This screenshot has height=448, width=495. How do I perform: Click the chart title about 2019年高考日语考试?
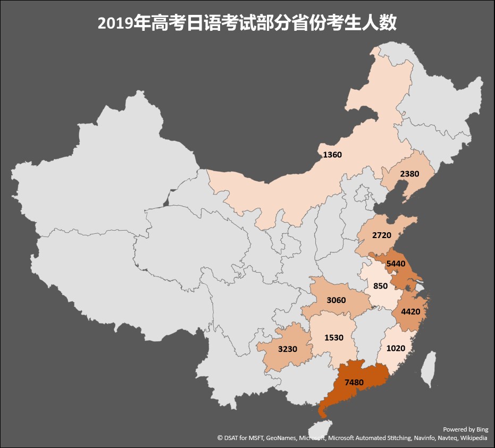point(247,23)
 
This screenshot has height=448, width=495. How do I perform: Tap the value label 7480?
point(354,382)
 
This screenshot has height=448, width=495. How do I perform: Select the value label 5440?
point(396,263)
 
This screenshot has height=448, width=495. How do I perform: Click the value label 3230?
point(287,349)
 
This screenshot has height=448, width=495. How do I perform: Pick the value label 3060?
point(336,300)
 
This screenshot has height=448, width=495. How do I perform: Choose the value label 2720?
point(382,234)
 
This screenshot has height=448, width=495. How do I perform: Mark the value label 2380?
point(409,174)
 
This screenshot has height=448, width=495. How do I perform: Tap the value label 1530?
point(334,337)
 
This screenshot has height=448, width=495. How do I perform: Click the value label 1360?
point(332,155)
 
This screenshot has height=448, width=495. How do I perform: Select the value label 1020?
point(396,349)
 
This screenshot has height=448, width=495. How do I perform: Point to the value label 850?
point(381,285)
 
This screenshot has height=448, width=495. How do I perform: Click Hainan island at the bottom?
point(320,429)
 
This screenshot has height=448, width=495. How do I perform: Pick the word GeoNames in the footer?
point(281,438)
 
